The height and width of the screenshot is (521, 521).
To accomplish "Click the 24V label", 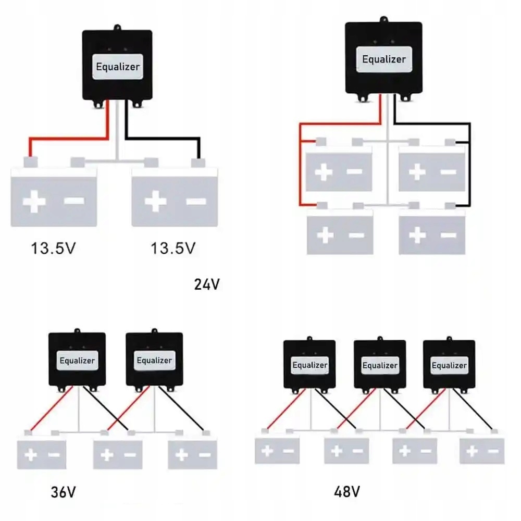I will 207,284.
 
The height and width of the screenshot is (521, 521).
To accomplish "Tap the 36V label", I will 63,491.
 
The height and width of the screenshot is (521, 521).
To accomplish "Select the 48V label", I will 348,491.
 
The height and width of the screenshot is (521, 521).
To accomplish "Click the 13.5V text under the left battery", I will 53,247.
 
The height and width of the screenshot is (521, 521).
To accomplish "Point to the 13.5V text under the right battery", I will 173,247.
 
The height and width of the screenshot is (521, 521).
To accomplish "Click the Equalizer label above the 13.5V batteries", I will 117,67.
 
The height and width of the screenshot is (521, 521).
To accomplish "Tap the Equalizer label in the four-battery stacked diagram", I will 383,59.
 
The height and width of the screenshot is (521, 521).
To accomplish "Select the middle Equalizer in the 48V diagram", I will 380,365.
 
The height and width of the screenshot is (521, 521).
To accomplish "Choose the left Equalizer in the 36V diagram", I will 77,360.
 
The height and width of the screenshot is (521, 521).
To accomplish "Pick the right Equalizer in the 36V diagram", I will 154,360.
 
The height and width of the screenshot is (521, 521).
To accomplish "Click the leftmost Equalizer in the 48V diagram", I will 309,365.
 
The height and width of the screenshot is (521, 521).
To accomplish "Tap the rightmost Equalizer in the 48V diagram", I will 449,365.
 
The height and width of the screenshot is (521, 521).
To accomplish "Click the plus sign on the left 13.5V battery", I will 34,202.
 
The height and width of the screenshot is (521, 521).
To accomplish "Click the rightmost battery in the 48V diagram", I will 482,451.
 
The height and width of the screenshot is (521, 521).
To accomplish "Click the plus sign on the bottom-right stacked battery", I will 417,235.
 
